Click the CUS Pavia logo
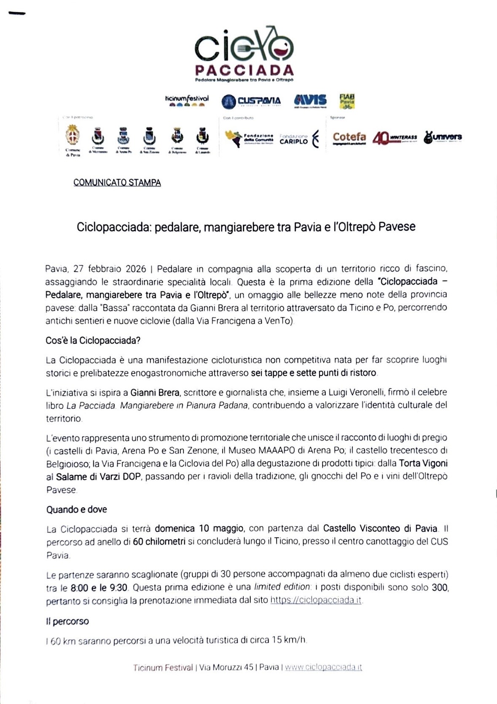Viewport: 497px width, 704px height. coord(251,101)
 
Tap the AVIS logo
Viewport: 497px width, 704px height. coord(310,100)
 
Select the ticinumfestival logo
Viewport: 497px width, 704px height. coord(187,100)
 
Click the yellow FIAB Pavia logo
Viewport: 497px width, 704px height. coord(347,101)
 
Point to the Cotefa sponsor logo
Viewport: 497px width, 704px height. coord(349,138)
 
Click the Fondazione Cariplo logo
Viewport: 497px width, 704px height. coord(299,139)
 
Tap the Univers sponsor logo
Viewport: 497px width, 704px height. coord(443,137)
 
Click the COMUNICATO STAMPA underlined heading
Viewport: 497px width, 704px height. coord(117,183)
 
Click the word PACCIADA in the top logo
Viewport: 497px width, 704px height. coord(244,70)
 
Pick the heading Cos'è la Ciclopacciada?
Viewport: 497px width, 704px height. coord(93,340)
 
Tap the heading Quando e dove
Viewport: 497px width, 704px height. coord(76,509)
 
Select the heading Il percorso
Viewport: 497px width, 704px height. coord(67,621)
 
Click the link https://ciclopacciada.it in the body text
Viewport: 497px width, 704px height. coord(316,600)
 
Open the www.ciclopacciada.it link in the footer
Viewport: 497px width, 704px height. coord(323,667)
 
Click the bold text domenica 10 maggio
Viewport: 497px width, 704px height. coord(199,528)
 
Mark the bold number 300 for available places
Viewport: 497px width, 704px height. coord(440,587)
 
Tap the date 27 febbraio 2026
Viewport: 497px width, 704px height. coord(110,269)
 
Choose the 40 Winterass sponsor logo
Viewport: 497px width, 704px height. coord(395,138)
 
